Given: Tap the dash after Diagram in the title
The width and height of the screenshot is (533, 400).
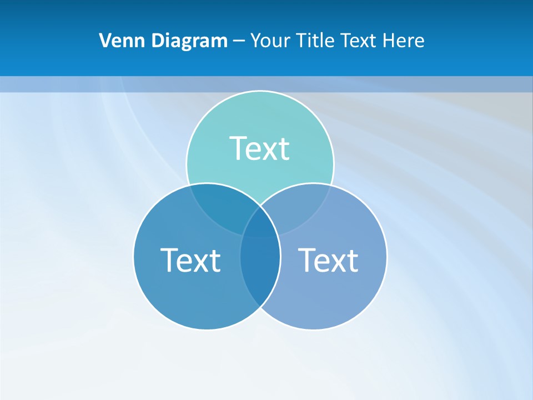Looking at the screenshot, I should [x=239, y=41].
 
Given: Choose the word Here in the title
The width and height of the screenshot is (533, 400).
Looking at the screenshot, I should [x=406, y=41].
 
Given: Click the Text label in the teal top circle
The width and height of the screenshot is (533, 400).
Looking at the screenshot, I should [x=259, y=148].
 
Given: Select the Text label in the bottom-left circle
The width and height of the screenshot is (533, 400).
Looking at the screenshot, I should [x=190, y=260].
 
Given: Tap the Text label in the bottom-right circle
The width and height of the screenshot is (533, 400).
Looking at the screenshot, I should [x=328, y=260].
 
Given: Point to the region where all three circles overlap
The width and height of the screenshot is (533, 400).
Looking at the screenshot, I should [x=260, y=225].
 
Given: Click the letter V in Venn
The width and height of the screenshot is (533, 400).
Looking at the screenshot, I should [x=105, y=41].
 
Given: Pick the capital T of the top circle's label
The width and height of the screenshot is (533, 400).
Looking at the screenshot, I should [x=239, y=148].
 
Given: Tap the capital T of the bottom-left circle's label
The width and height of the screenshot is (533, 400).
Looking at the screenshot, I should [x=169, y=260].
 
